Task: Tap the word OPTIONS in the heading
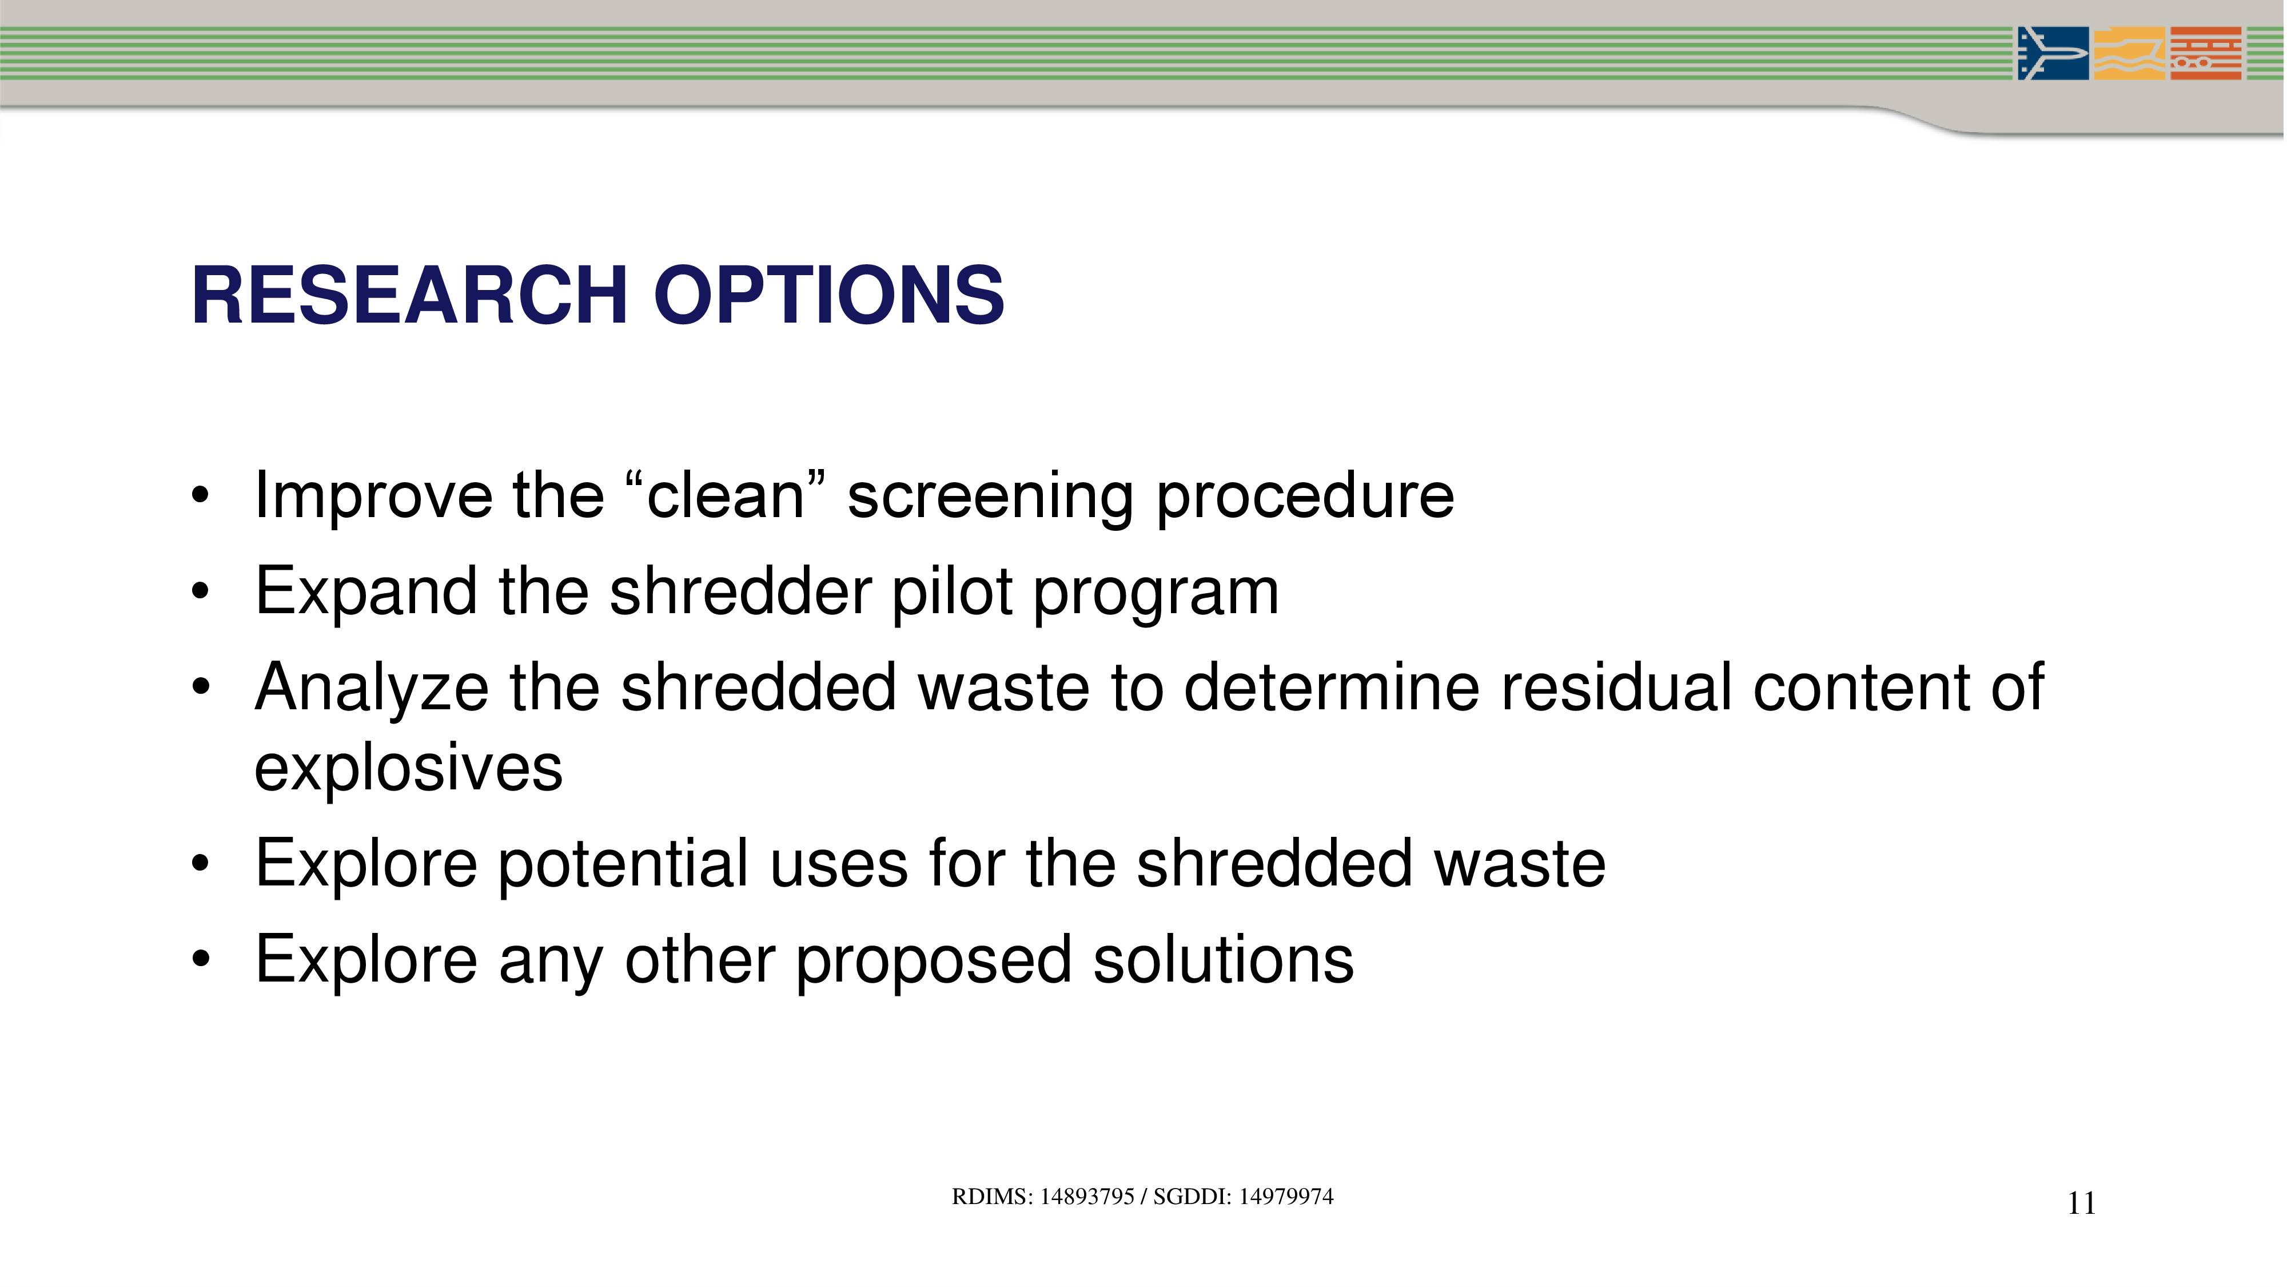click(x=829, y=296)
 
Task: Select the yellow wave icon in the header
click(x=2129, y=53)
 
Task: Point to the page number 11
click(x=2081, y=1203)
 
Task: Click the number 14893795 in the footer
click(x=1087, y=1197)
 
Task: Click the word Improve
click(x=373, y=495)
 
